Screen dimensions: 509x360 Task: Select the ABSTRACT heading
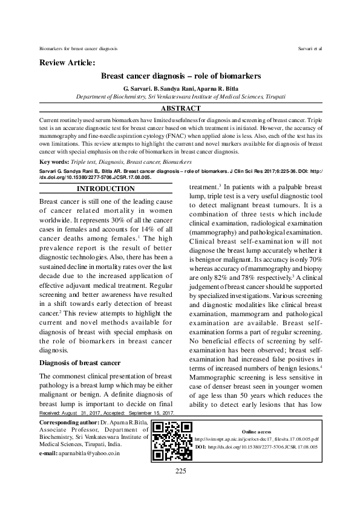180,109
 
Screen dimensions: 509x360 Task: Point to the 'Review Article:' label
67,63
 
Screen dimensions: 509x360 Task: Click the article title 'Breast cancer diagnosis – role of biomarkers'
180,77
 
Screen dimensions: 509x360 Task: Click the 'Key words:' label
52,163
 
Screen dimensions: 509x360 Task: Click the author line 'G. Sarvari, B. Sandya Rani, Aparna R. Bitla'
180,88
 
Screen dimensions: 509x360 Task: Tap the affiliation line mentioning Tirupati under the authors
180,96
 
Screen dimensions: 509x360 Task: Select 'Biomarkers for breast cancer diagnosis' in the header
78,47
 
